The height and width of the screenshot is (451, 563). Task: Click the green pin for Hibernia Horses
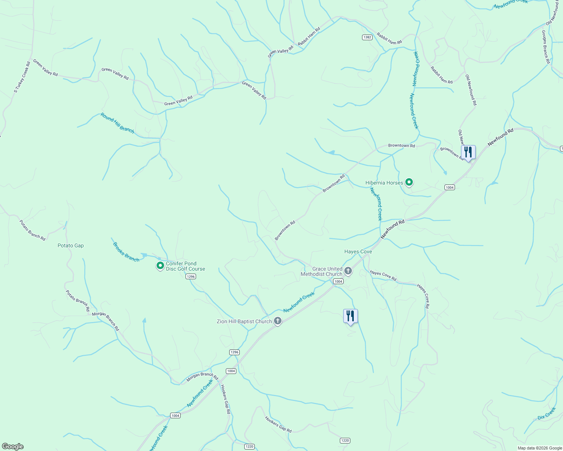(x=409, y=183)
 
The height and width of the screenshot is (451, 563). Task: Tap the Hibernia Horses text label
(x=384, y=183)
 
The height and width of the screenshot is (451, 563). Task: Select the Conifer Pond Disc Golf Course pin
(x=160, y=266)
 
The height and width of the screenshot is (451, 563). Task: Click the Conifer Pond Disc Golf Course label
(x=186, y=266)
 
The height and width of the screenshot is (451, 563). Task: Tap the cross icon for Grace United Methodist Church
(x=348, y=271)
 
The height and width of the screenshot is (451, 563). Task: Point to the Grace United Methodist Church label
(x=322, y=271)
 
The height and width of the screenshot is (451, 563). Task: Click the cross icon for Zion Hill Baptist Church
(x=278, y=321)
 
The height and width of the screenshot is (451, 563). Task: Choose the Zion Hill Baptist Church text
(x=244, y=321)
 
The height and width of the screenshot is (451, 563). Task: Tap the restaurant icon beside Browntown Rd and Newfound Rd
(x=468, y=152)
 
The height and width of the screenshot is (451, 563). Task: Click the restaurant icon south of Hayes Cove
(x=350, y=316)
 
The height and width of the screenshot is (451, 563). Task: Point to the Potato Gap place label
(x=71, y=245)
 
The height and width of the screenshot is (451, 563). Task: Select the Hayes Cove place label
(x=358, y=251)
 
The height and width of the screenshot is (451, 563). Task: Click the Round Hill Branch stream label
(x=117, y=123)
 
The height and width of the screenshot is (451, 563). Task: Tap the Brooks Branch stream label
(x=126, y=252)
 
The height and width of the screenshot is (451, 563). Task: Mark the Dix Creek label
(x=546, y=413)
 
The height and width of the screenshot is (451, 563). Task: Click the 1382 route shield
(x=367, y=37)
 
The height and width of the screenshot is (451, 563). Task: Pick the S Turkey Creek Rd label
(x=22, y=77)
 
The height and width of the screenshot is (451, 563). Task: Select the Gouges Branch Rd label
(x=545, y=47)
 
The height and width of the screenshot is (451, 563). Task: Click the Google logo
(x=13, y=446)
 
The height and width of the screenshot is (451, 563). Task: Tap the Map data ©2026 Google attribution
(x=540, y=448)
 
